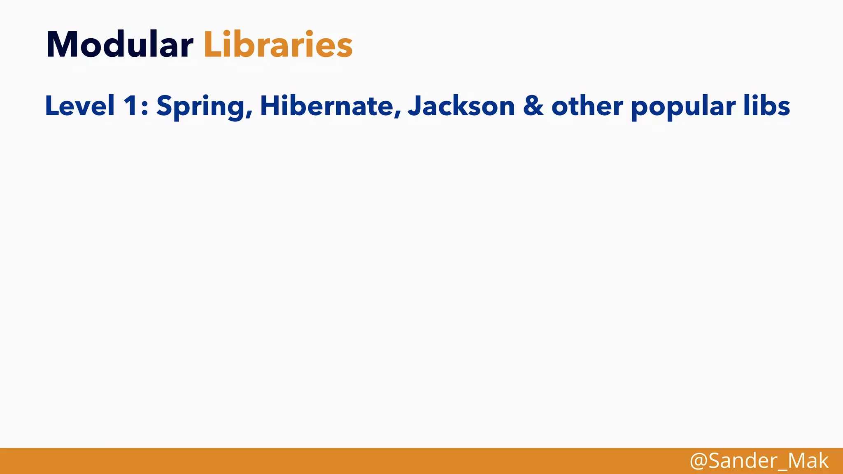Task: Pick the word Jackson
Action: click(x=461, y=106)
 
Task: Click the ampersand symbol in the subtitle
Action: click(x=533, y=106)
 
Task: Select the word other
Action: click(x=587, y=106)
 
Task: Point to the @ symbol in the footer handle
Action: click(x=699, y=461)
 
